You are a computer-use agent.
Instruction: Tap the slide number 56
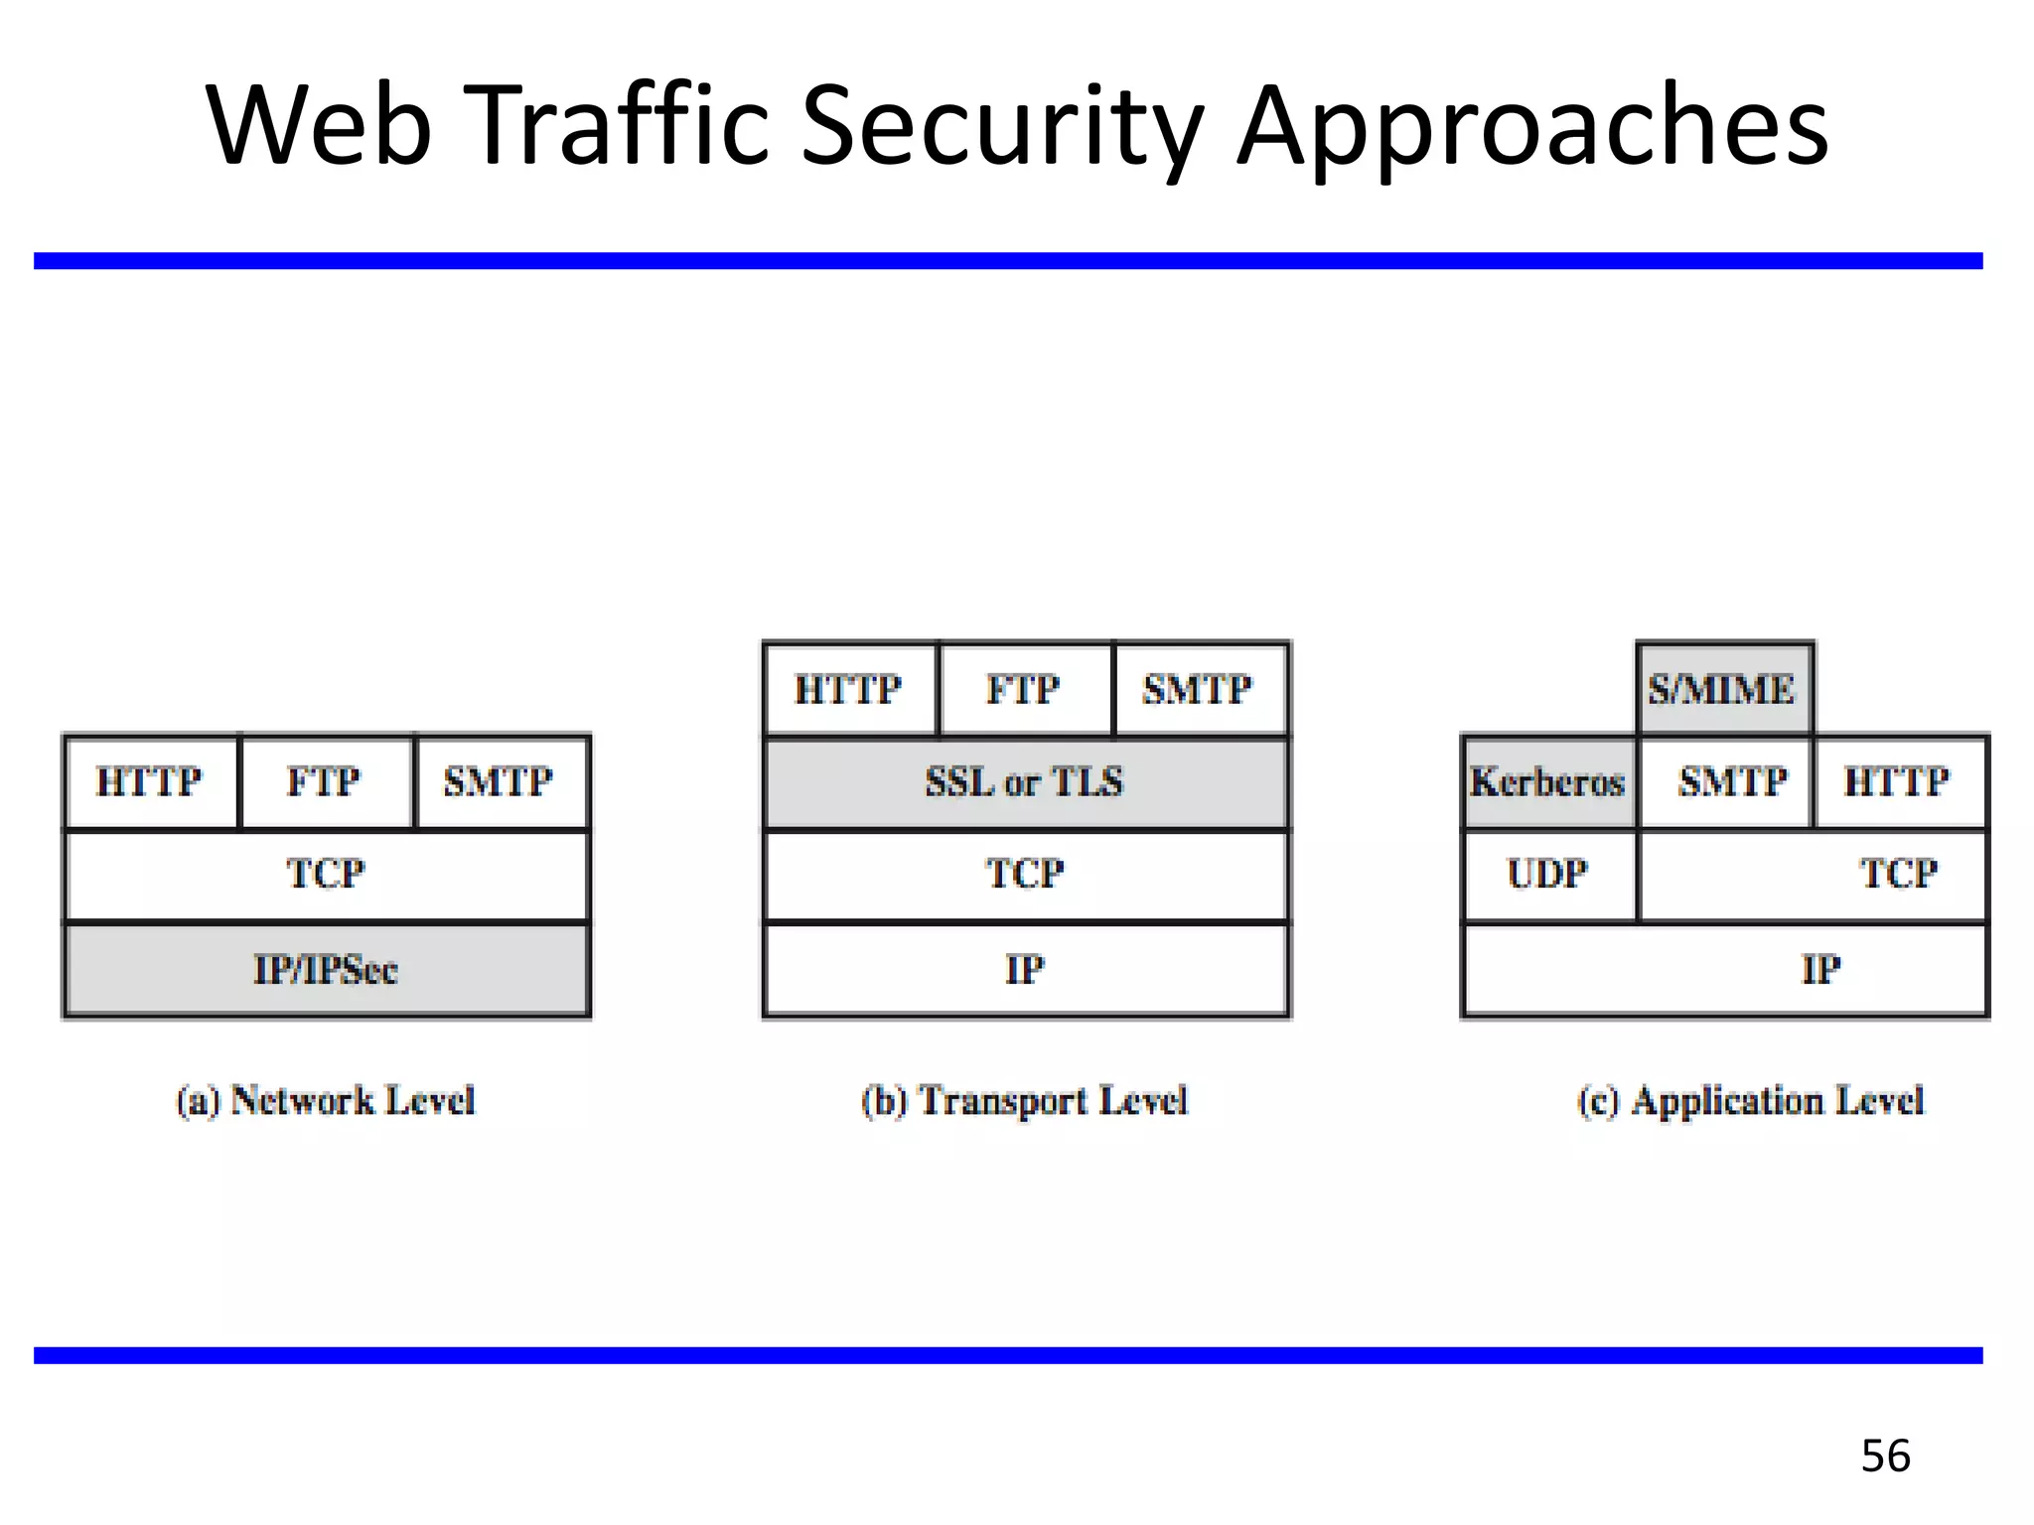click(1885, 1456)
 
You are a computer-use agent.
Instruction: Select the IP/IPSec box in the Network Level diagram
click(326, 970)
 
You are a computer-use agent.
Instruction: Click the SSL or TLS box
click(1025, 782)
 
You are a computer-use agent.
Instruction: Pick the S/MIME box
click(1724, 689)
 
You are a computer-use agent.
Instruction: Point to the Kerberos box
click(1548, 782)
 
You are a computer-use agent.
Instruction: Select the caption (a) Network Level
click(326, 1101)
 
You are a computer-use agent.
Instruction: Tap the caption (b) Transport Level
click(1025, 1101)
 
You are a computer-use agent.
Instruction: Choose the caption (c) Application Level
click(1751, 1101)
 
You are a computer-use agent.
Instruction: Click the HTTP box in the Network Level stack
click(150, 782)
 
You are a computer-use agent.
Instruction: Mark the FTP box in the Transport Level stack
click(1024, 689)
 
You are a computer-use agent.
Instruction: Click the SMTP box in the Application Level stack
click(1733, 782)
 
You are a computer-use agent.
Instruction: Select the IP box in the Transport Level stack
click(1025, 970)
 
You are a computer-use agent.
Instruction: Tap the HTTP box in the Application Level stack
click(1898, 782)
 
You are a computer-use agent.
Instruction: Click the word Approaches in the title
click(1532, 127)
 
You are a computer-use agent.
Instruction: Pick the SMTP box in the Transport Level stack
click(1199, 689)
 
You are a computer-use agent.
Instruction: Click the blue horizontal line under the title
click(1008, 261)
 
